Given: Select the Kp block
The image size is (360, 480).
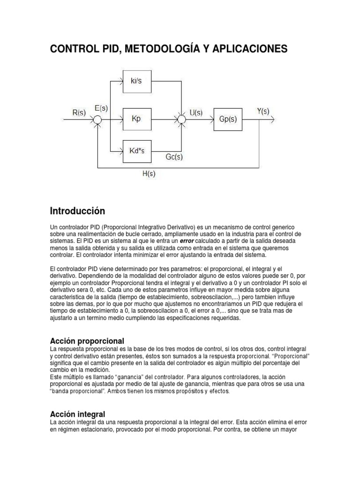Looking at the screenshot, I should pyautogui.click(x=136, y=120).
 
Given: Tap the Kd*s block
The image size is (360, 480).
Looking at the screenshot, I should pyautogui.click(x=136, y=151).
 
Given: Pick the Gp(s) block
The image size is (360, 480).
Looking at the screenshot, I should pyautogui.click(x=228, y=120).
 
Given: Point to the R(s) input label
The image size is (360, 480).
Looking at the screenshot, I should pyautogui.click(x=78, y=112).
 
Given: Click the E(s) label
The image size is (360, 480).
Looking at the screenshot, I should pyautogui.click(x=101, y=108).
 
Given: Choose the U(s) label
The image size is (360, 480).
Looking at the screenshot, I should pyautogui.click(x=196, y=112).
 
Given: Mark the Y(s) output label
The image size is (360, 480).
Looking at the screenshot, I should pyautogui.click(x=263, y=111).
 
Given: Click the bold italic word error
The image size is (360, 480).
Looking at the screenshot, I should pyautogui.click(x=189, y=240).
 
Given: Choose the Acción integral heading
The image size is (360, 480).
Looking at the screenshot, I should pyautogui.click(x=77, y=414).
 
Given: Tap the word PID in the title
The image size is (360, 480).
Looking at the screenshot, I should pyautogui.click(x=102, y=49).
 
